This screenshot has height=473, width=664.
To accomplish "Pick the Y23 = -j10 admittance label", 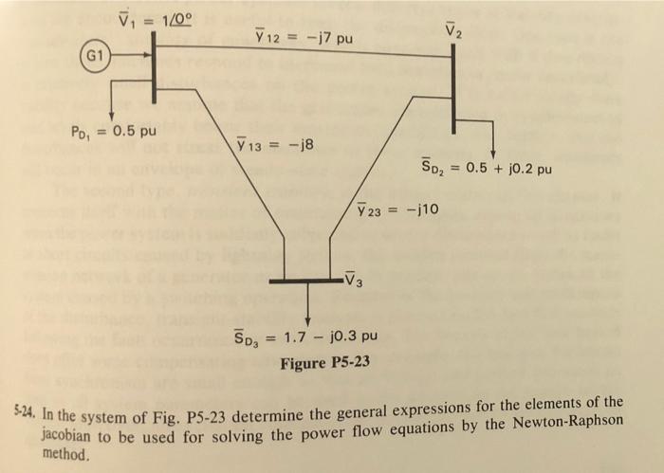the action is (x=397, y=209).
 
